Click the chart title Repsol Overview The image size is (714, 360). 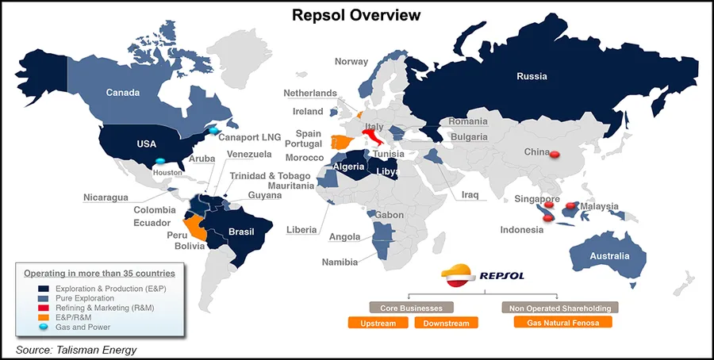pos(356,15)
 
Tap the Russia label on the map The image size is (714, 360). pos(532,77)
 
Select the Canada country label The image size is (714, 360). pos(123,93)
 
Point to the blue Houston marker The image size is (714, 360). pos(161,161)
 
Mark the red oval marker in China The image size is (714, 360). pos(555,154)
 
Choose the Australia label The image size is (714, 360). pos(610,256)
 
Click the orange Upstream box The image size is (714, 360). pos(378,323)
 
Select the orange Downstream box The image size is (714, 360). pos(447,323)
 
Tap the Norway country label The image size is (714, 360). pos(351,61)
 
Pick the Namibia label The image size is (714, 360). pos(339,262)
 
